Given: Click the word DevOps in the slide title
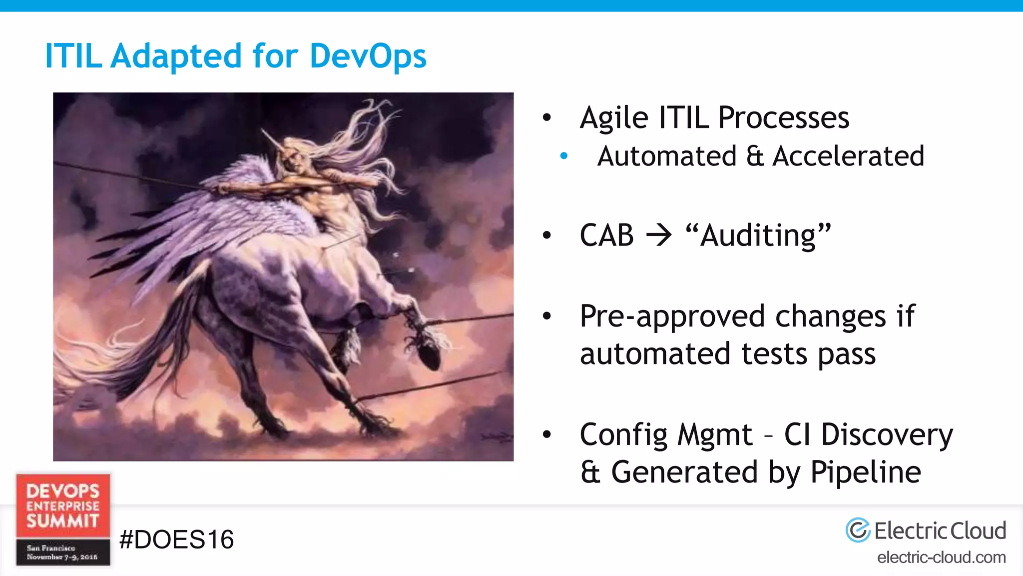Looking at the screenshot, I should coord(368,56).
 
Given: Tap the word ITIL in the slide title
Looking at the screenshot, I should coord(73,56).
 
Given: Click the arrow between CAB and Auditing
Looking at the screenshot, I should coord(659,235).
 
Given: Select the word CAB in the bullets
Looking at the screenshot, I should coord(606,235).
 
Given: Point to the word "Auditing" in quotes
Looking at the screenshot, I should coord(758,235).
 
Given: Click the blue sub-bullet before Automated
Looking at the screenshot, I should coord(564,156).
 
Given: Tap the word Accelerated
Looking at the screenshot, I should coord(848,156).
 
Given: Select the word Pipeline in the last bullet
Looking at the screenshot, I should coord(866,472).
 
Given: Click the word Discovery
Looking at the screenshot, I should coord(887,434).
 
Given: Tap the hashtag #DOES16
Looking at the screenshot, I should coord(176,539).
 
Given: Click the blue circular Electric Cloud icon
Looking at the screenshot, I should coord(858,530).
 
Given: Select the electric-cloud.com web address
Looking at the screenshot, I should coord(941,557).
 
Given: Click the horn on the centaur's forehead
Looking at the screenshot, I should coord(270,138).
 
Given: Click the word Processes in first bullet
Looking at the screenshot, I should coord(783,118).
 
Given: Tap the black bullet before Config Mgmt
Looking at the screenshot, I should coord(547,434).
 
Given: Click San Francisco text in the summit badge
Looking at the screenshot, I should coord(51,548).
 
